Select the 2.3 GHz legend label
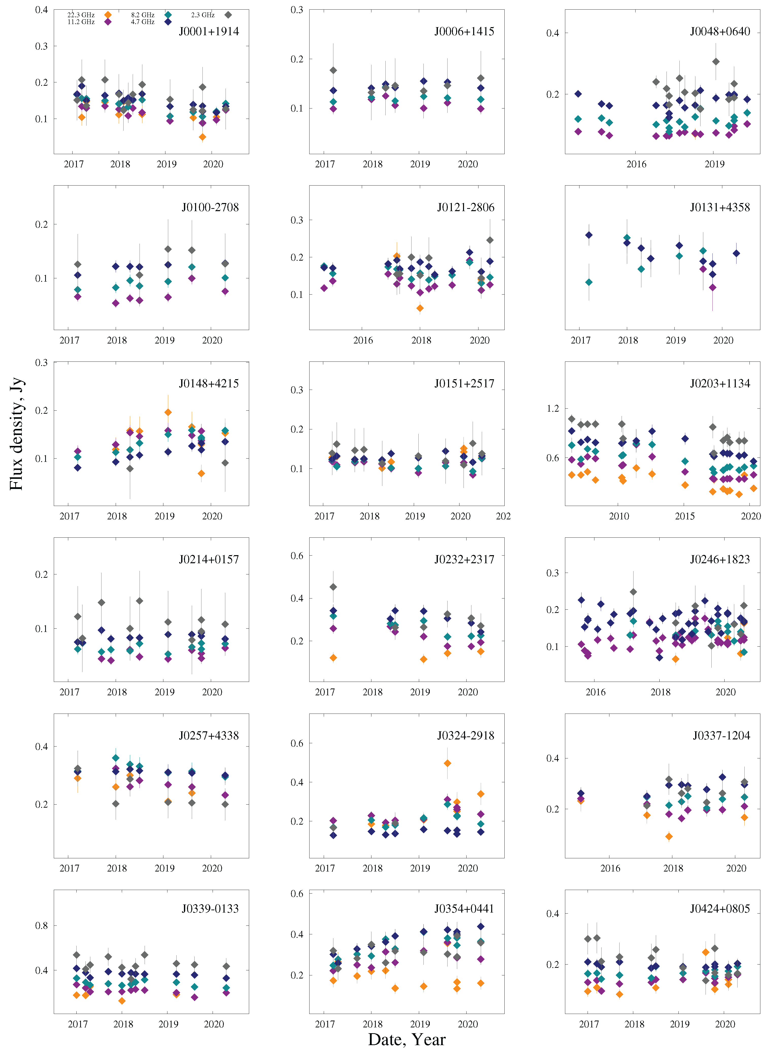pyautogui.click(x=203, y=15)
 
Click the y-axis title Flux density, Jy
pyautogui.click(x=16, y=433)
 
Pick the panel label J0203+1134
pyautogui.click(x=720, y=384)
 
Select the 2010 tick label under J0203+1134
pyautogui.click(x=619, y=516)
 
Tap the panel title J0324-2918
pyautogui.click(x=465, y=736)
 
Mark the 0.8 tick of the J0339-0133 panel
pyautogui.click(x=42, y=925)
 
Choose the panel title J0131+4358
pyautogui.click(x=720, y=208)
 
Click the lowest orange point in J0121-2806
pyautogui.click(x=420, y=308)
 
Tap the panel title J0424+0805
pyautogui.click(x=720, y=909)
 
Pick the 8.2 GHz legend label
pyautogui.click(x=143, y=15)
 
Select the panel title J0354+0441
pyautogui.click(x=464, y=909)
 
